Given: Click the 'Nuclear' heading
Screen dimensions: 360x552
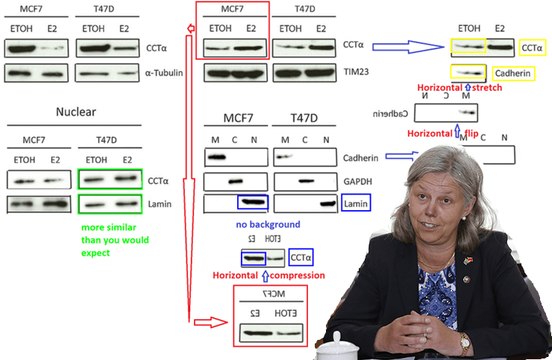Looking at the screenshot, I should point(76,113).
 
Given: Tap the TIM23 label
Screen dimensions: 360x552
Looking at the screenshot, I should point(357,73).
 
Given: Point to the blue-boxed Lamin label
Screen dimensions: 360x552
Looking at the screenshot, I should point(356,203).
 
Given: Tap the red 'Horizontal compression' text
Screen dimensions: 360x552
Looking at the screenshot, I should point(269,275).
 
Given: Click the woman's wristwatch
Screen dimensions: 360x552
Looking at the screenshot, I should point(465,342).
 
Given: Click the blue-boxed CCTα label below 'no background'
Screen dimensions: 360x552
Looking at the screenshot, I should point(301,258).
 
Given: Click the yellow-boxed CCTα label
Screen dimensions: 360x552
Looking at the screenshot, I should point(531,48).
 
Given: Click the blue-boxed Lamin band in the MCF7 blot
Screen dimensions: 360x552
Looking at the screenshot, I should point(251,203).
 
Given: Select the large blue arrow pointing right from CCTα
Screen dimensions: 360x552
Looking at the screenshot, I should point(407,46).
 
